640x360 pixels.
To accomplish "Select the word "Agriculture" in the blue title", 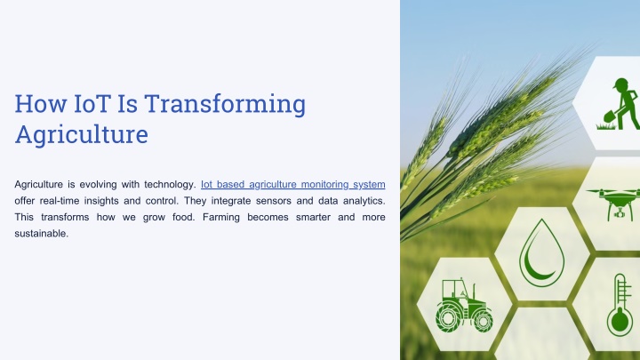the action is click(x=81, y=135).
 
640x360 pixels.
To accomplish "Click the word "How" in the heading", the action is click(x=41, y=104).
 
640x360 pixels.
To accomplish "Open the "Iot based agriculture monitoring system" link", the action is click(x=293, y=185).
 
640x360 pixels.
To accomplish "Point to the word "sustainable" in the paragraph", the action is click(x=40, y=234).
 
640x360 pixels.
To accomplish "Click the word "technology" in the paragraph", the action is click(x=169, y=185).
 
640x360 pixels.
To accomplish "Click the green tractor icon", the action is click(x=464, y=305).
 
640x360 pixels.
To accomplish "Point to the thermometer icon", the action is click(x=620, y=305).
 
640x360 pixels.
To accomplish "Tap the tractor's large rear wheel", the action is click(x=448, y=318).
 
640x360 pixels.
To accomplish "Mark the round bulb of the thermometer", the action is click(x=620, y=323).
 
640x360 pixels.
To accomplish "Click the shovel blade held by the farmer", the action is click(x=610, y=118).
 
